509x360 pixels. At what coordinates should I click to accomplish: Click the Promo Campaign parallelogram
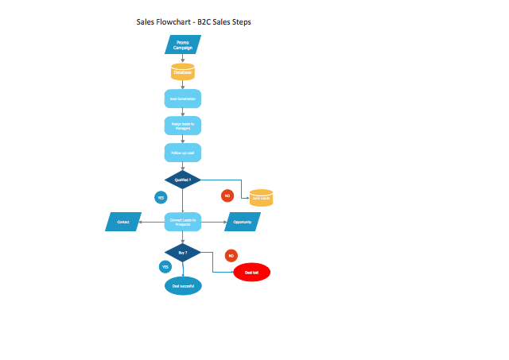183,45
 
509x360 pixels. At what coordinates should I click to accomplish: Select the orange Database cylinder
183,72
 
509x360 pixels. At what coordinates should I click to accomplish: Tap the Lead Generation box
183,99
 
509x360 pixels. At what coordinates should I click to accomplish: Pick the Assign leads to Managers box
183,126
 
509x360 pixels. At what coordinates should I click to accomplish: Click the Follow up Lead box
183,153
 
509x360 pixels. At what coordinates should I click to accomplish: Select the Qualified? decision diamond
183,180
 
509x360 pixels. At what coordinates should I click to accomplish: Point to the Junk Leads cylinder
261,197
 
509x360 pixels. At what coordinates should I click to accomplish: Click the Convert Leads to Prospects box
183,222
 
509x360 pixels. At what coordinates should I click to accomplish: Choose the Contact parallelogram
123,222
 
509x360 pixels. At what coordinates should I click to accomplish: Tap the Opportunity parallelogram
243,222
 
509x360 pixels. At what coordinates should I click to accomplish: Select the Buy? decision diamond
183,253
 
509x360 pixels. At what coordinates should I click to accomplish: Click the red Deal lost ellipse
252,273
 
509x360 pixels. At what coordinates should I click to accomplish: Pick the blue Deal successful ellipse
183,285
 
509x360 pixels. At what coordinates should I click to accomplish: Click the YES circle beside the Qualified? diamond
161,197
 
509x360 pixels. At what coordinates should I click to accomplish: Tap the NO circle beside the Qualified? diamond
227,195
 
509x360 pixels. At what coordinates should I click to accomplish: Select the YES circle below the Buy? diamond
165,267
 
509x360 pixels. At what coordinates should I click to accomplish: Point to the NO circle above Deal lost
231,255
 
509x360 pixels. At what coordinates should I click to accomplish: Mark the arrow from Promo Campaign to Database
183,59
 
